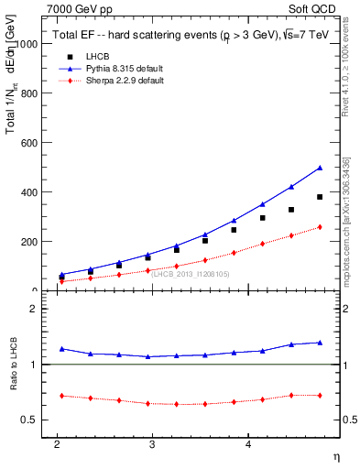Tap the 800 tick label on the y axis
point(31,93)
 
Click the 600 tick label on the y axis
point(31,143)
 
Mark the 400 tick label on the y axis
point(31,192)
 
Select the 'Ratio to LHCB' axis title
point(13,365)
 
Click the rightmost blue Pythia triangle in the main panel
point(320,168)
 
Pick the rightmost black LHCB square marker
point(320,197)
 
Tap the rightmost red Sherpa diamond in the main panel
point(320,227)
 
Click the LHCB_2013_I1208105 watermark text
point(191,274)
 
